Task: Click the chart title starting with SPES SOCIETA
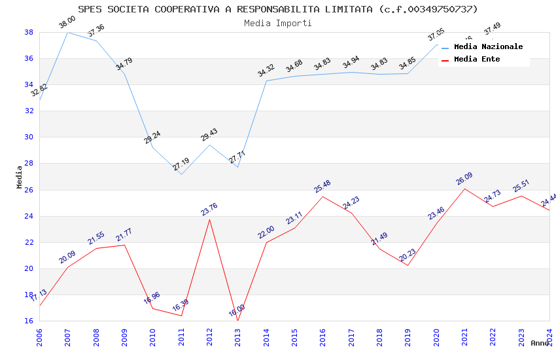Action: [x=278, y=9]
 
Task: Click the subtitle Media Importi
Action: [x=278, y=23]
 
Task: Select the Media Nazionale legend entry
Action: [x=488, y=47]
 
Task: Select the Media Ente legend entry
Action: [x=477, y=60]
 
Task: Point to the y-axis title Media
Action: [x=20, y=177]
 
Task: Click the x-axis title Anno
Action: [x=540, y=343]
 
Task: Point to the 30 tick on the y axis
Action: [x=29, y=137]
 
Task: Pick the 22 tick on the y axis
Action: [x=29, y=242]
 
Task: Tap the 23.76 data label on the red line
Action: [x=209, y=209]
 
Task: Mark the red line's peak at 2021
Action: [x=464, y=189]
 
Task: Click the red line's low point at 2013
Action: [x=237, y=321]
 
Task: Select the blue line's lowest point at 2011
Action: [x=181, y=174]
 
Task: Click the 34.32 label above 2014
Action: [x=266, y=71]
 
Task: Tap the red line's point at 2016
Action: [x=322, y=196]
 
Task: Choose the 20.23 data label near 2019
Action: [x=408, y=255]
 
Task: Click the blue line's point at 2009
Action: [x=124, y=74]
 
